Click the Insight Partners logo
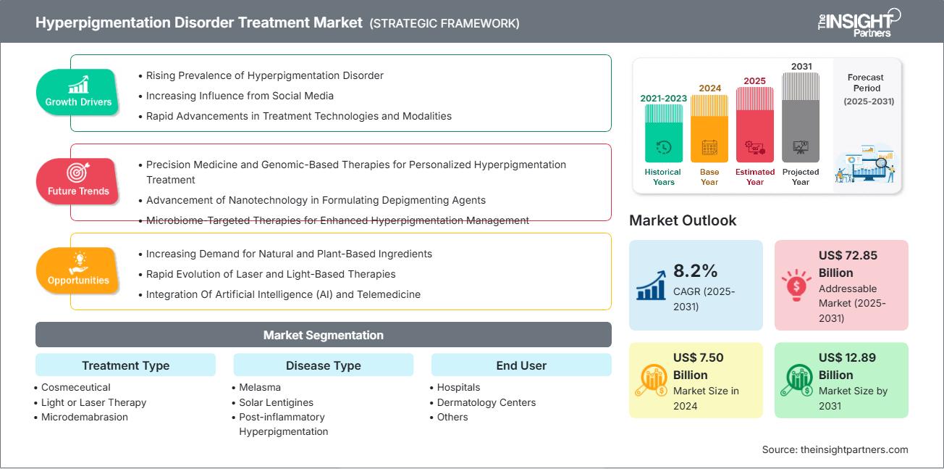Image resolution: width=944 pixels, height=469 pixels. point(859,21)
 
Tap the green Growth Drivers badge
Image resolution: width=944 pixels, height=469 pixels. point(77,92)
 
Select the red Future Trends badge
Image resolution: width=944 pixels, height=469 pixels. point(77,181)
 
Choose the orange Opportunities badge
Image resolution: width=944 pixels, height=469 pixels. point(77,270)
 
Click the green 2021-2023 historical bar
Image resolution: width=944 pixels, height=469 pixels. point(663,134)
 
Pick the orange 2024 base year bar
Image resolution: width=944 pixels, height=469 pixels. point(709,129)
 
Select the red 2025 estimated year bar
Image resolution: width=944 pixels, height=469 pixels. point(755,125)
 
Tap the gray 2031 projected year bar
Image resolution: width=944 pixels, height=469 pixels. point(801,117)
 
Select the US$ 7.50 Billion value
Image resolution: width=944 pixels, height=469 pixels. point(699,366)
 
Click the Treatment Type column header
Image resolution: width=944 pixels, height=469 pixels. point(125,365)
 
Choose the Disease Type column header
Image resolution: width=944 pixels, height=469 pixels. point(323,365)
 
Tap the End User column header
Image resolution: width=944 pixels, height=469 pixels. point(521,365)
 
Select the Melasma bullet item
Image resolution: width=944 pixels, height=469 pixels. point(260,388)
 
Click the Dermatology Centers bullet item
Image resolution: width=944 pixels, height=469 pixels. point(486,402)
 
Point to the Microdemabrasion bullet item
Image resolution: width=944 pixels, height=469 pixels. point(84,417)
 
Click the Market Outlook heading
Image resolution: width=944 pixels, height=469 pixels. point(683,220)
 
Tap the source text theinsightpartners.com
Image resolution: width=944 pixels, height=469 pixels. point(835,449)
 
